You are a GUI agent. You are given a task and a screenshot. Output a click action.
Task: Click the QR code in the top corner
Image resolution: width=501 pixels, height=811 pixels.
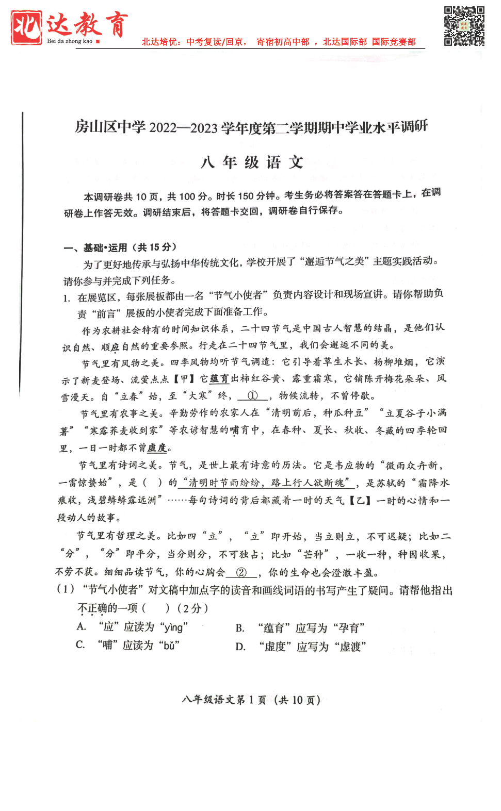[x=464, y=26]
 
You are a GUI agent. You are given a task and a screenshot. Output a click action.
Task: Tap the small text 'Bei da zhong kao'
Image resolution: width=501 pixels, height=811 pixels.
[x=70, y=41]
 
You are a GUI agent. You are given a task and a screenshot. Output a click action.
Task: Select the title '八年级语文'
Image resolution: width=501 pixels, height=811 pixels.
[x=252, y=162]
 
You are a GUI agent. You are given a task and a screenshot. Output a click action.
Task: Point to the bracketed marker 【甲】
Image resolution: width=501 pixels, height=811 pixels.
[x=184, y=379]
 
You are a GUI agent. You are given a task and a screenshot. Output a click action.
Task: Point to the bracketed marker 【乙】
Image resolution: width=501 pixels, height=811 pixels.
[x=360, y=500]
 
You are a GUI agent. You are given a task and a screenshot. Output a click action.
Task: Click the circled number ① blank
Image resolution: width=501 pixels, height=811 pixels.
[x=253, y=396]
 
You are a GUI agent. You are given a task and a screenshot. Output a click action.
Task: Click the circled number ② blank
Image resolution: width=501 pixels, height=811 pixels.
[x=241, y=572]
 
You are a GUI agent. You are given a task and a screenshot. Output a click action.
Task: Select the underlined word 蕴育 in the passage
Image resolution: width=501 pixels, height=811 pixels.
[x=219, y=379]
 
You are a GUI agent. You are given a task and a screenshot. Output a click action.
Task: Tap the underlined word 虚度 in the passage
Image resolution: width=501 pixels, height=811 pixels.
[x=157, y=448]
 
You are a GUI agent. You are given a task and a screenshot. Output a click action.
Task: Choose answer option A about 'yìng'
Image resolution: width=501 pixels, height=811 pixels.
[x=133, y=627]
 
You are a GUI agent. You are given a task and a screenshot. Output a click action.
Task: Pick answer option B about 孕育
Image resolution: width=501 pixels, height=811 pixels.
[x=300, y=628]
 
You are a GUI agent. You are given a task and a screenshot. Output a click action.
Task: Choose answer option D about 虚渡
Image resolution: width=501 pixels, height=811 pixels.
[x=301, y=647]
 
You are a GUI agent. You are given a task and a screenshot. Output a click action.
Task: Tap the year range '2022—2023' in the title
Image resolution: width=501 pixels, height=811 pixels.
[x=183, y=127]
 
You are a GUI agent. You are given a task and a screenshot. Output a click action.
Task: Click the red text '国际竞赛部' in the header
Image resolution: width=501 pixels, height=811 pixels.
[x=394, y=42]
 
